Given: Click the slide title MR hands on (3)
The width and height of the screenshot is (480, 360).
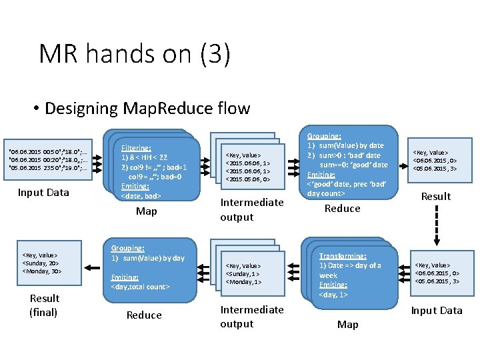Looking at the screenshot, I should pyautogui.click(x=135, y=54).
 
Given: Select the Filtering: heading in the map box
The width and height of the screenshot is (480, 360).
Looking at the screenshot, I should pyautogui.click(x=136, y=147).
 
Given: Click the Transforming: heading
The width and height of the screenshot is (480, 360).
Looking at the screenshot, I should pyautogui.click(x=343, y=256).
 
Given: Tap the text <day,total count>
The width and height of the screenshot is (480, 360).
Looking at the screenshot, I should pyautogui.click(x=141, y=287).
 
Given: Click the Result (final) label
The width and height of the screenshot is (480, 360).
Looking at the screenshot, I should pyautogui.click(x=44, y=305).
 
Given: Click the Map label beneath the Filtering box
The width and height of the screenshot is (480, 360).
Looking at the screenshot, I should pyautogui.click(x=146, y=211).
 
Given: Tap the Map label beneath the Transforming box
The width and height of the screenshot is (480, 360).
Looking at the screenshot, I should pyautogui.click(x=347, y=324).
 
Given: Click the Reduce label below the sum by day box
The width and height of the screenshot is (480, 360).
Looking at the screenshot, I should pyautogui.click(x=144, y=315).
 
